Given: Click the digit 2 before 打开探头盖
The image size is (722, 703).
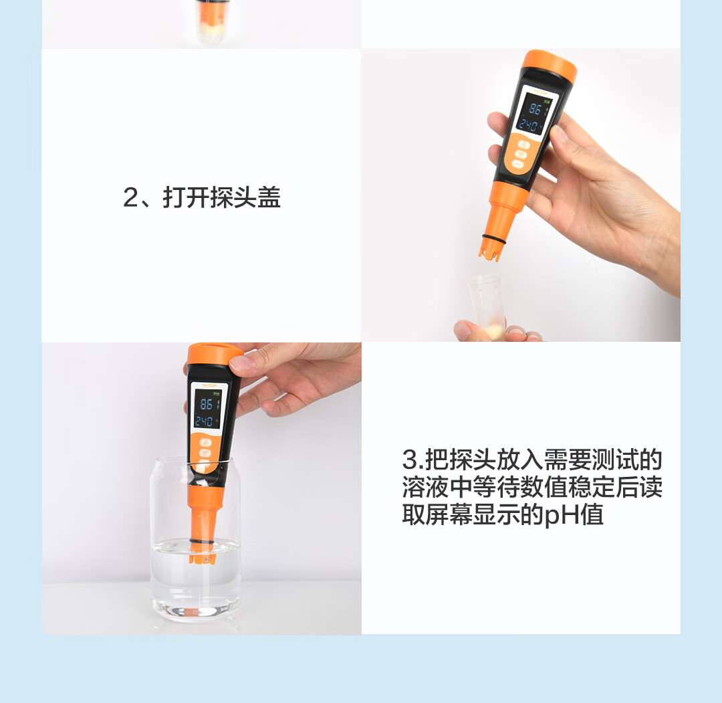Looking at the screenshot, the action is pos(130,197).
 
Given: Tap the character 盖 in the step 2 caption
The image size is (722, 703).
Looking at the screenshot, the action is pos(269,197).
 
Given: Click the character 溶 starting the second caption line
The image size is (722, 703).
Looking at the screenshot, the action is pos(414,487).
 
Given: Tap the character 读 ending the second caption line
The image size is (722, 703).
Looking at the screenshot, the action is pos(650,487).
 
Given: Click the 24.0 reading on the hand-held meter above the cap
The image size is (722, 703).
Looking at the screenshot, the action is pos(528,125).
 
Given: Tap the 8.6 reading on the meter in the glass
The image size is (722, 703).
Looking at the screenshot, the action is pos(207,405).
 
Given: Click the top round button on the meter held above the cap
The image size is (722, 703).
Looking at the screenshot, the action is pos(523,144).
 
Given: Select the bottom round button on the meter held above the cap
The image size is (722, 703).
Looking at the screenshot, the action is pos(518,164).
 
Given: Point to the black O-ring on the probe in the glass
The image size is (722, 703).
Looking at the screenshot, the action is pos(201,541).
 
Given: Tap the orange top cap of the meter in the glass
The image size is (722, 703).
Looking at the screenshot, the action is pos(214,354).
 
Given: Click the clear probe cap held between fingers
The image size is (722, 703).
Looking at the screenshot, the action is pos(487,306).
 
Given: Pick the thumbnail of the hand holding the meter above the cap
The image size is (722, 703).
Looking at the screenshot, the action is pos(558,132).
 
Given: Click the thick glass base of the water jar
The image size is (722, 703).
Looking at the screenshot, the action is pos(196,609).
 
